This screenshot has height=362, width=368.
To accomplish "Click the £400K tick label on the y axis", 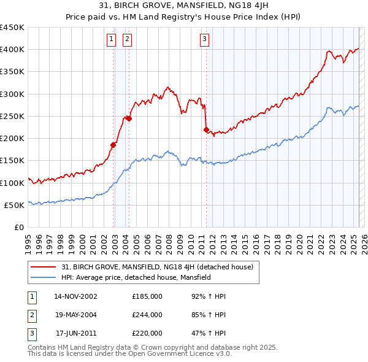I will pos(12,50).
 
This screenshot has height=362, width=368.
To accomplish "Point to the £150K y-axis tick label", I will pos(12,161).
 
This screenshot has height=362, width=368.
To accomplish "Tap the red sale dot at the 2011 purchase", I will pos(206,129).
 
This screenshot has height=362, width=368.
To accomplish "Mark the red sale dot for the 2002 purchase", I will pos(113,145).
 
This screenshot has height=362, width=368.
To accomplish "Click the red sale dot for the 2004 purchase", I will pos(129,119).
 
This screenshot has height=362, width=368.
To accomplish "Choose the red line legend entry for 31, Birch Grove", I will pos(161,267).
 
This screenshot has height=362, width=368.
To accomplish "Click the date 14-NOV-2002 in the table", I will pos(75,297).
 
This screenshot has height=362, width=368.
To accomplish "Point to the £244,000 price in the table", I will pos(147,315).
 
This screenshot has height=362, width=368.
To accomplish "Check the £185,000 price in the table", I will pos(147,297).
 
